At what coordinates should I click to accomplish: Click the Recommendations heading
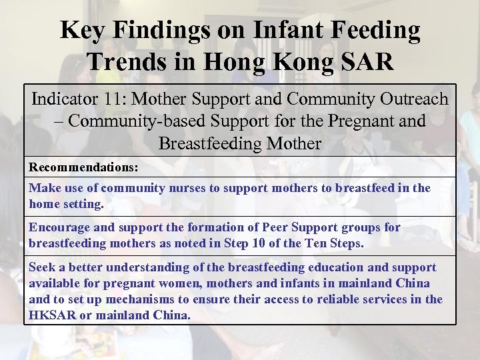[x=83, y=167]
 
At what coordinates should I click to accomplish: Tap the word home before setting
[x=45, y=204]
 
